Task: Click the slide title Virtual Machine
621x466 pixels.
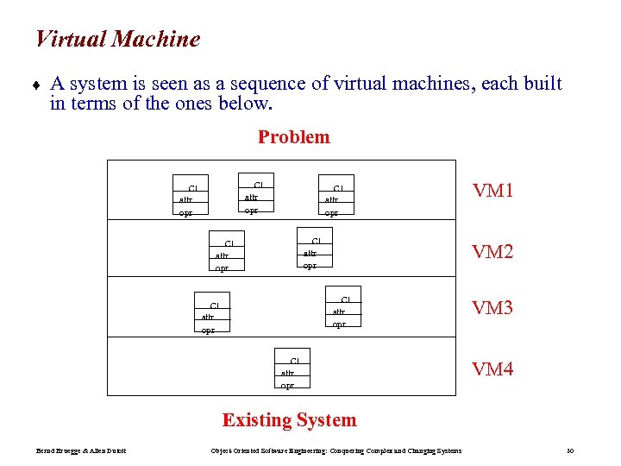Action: [x=117, y=40]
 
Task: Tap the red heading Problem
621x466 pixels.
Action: [x=293, y=137]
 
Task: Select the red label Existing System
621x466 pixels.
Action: [x=289, y=420]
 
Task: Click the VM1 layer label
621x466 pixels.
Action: [x=492, y=191]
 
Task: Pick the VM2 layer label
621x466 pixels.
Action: [x=492, y=252]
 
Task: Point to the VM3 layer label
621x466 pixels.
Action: [x=492, y=308]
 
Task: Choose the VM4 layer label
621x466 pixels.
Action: [x=492, y=369]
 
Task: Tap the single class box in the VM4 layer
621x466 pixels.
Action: [x=293, y=372]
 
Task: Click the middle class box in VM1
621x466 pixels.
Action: [x=256, y=197]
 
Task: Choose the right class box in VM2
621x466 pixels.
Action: [x=315, y=252]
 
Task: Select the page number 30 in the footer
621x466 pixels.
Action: [x=570, y=450]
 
